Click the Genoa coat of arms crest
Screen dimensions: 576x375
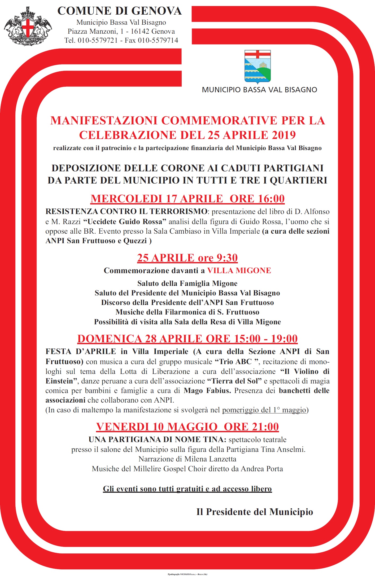(x=28, y=26)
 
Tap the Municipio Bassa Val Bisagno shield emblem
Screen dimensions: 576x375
(x=257, y=66)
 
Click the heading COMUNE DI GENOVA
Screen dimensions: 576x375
(x=120, y=11)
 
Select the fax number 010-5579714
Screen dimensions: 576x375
(x=158, y=40)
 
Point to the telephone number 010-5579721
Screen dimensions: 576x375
(x=98, y=40)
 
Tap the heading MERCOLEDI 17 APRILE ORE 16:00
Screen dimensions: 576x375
(x=187, y=199)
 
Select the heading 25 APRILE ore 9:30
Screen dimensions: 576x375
(x=187, y=258)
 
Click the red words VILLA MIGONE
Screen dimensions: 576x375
(x=239, y=270)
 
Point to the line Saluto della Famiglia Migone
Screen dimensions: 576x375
(x=187, y=283)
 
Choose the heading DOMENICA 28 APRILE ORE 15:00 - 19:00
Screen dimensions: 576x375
(x=187, y=339)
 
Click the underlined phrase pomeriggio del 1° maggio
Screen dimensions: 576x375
(x=264, y=410)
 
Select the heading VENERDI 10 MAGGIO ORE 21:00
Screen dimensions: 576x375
(x=187, y=427)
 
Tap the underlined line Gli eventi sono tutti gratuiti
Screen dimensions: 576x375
(x=187, y=489)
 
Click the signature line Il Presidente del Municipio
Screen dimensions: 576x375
(x=255, y=512)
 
